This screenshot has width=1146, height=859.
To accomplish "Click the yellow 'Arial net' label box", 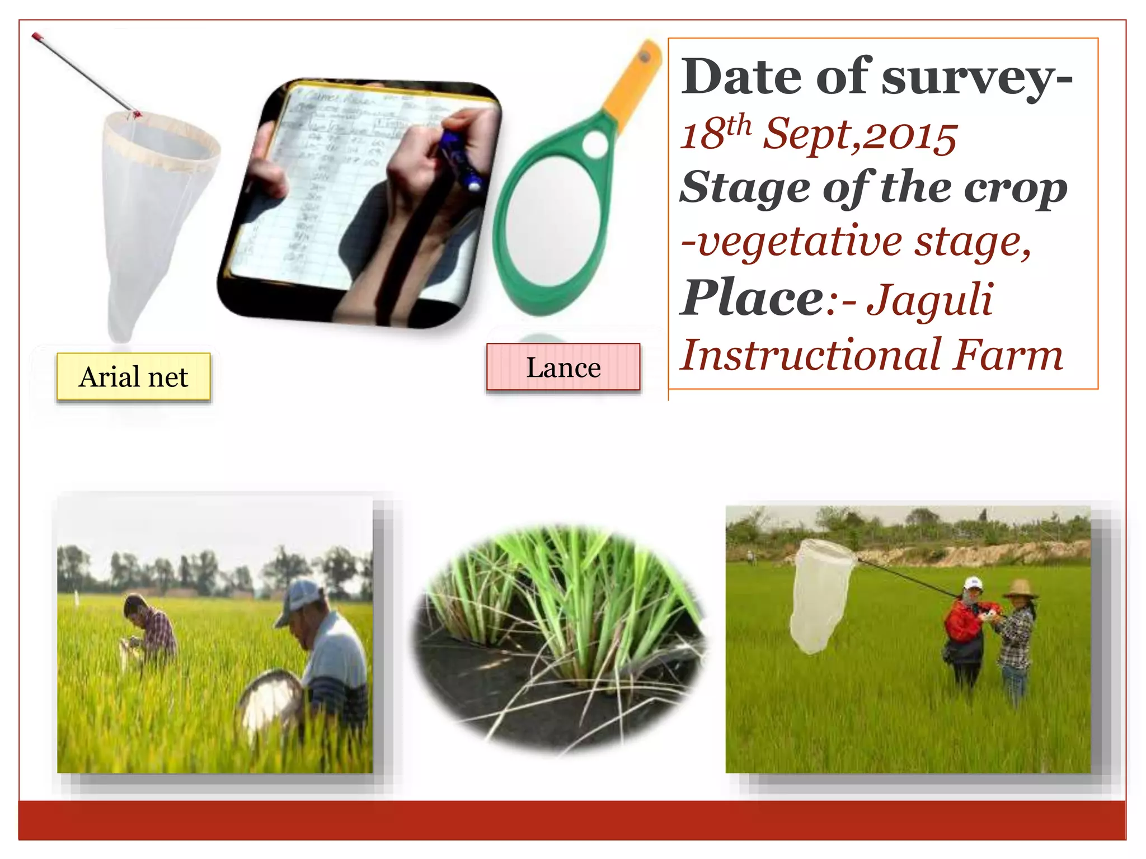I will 133,377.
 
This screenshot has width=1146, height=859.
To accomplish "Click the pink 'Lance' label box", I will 563,367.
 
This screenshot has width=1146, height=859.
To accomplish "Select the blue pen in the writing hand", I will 462,159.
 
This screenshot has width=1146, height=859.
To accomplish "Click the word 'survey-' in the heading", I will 976,78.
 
